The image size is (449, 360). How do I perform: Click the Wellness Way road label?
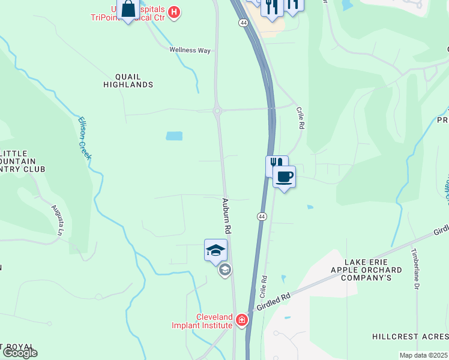(x=190, y=50)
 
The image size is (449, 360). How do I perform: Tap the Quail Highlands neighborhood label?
(x=128, y=81)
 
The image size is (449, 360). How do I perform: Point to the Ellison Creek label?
(x=85, y=137)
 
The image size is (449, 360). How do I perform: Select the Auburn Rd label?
(x=228, y=216)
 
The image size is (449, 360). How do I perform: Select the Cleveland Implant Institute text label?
(x=214, y=321)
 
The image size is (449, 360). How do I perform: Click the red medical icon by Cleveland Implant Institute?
(x=242, y=320)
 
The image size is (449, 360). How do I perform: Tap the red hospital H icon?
(x=174, y=11)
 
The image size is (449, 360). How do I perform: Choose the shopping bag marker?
(x=128, y=10)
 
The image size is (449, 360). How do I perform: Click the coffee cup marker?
(x=285, y=177)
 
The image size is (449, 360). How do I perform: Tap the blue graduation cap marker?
(x=215, y=250)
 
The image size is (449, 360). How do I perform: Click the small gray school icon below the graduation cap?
(x=224, y=270)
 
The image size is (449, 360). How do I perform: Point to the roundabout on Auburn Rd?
(x=217, y=110)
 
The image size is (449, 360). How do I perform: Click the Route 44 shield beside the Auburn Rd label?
(x=262, y=216)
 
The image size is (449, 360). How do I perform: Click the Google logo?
(x=20, y=353)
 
